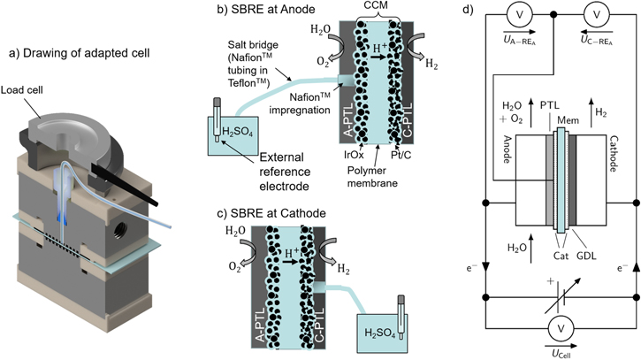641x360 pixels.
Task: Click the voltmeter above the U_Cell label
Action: [x=559, y=329]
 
